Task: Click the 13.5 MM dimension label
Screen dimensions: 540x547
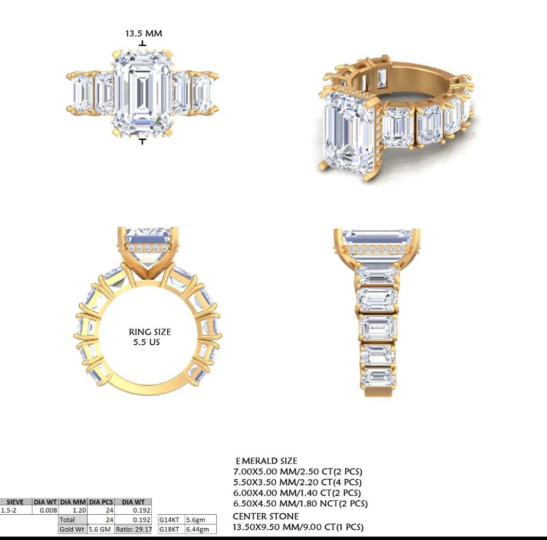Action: (143, 34)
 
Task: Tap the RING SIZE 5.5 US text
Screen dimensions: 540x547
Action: (149, 337)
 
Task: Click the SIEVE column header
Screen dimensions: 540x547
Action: (16, 502)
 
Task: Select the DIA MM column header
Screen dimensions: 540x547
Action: (73, 502)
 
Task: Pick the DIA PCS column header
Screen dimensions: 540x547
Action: (101, 502)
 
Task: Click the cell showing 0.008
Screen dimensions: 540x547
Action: (45, 510)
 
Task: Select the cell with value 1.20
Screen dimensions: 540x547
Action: (73, 510)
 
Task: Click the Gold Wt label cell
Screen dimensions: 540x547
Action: (72, 529)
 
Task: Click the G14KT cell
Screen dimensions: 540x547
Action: (170, 520)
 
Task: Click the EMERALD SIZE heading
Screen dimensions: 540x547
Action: (266, 461)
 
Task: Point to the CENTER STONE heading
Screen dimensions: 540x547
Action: (265, 516)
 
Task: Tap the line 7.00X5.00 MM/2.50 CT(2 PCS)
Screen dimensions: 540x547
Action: (298, 472)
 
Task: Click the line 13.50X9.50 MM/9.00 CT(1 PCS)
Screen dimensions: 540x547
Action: (298, 527)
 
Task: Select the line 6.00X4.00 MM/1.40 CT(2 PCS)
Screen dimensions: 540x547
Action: (298, 493)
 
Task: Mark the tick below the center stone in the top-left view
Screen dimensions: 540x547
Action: (142, 141)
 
